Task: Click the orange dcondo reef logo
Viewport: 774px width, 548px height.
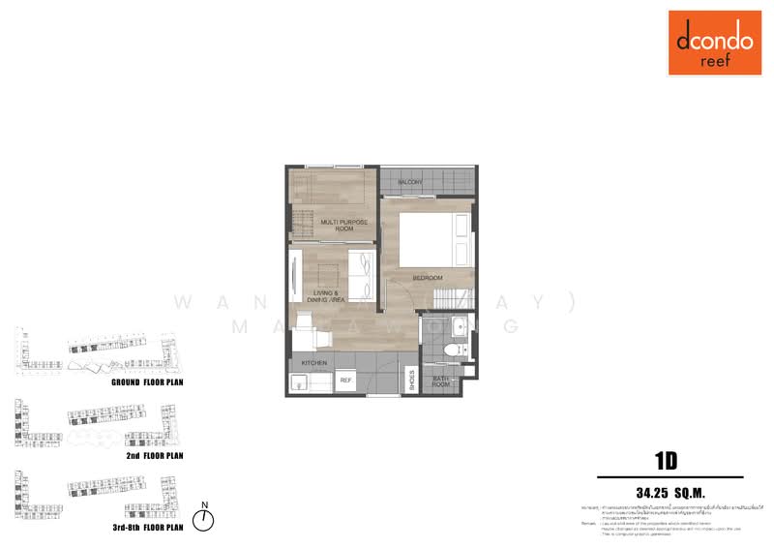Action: click(x=714, y=43)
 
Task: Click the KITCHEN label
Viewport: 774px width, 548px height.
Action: click(x=314, y=363)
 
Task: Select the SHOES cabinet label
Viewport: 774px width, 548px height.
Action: click(x=411, y=380)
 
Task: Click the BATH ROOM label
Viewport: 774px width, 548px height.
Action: click(x=441, y=382)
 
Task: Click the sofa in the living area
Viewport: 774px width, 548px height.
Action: click(x=362, y=274)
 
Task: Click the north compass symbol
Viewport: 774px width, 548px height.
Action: click(x=204, y=521)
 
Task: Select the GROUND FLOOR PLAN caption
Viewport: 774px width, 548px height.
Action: click(x=147, y=383)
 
